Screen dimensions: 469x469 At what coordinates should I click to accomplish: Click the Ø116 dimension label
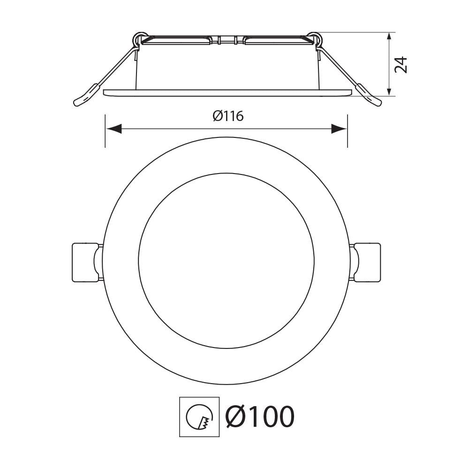click(228, 116)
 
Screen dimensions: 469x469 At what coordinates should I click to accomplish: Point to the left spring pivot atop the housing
click(139, 38)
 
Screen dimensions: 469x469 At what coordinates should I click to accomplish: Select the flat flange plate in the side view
click(227, 92)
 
